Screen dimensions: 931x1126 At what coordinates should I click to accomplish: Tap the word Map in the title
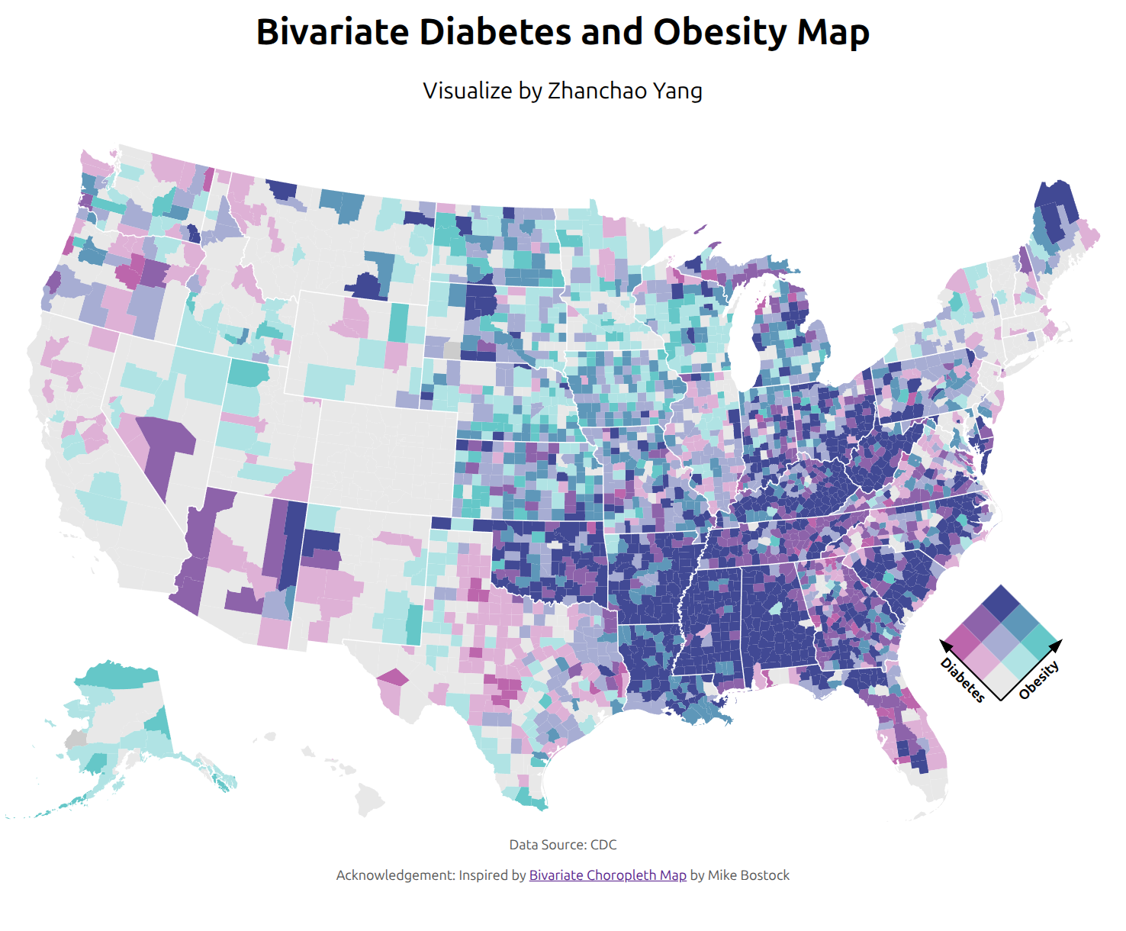833,32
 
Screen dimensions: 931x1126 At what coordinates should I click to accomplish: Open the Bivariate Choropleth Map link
607,875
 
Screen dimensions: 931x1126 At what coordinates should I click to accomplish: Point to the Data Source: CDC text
562,845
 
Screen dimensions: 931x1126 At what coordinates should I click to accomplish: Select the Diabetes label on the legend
962,679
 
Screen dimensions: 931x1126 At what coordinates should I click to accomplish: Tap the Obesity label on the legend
1039,679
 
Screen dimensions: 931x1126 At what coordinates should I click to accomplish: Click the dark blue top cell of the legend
1001,604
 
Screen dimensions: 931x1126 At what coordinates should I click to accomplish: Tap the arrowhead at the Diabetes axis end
945,645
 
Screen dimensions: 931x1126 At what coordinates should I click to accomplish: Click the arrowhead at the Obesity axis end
1057,645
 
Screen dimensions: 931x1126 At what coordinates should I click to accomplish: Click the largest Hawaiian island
370,801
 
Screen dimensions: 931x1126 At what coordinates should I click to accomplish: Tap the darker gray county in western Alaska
76,739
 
